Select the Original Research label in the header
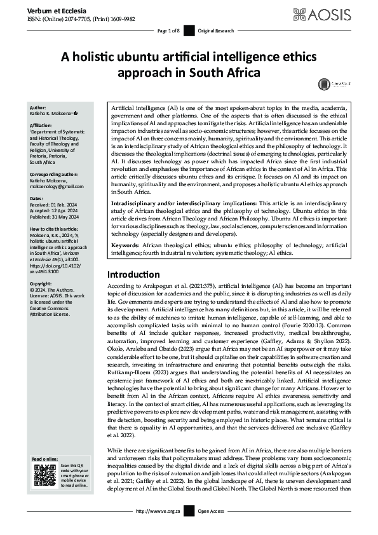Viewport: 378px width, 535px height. pos(215,30)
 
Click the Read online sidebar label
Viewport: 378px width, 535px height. pos(45,459)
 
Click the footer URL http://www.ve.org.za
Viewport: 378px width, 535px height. pos(158,529)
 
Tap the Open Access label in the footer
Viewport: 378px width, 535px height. pos(212,529)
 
